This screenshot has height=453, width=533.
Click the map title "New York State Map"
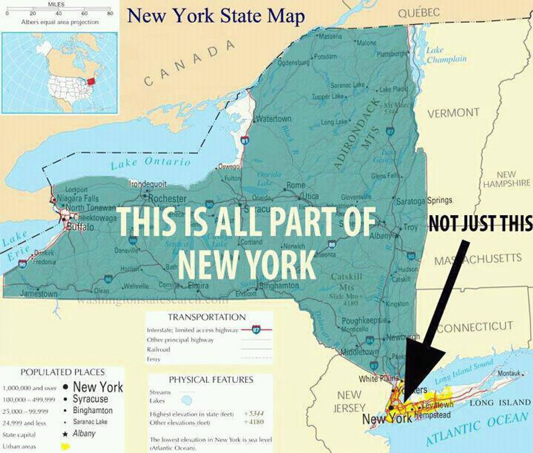pos(216,16)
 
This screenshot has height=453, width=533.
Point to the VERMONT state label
pos(453,113)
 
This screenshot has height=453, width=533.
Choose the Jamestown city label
pos(39,293)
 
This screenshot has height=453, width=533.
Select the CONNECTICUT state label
pos(475,327)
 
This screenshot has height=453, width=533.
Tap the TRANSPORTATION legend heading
pos(207,317)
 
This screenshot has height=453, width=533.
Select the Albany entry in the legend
pos(84,433)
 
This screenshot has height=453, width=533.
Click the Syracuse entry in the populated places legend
pos(90,399)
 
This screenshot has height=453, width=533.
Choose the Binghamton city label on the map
pos(280,285)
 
